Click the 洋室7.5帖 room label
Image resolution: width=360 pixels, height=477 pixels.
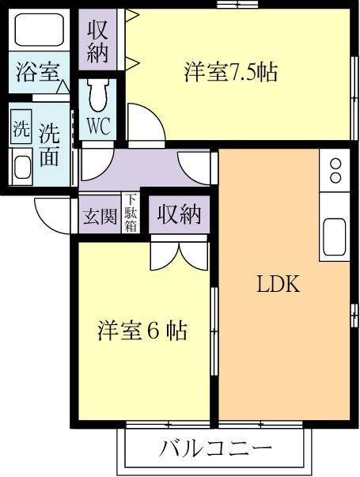(x=231, y=72)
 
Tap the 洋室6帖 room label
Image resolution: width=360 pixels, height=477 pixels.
(x=142, y=331)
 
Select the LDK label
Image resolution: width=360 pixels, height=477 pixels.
(x=279, y=284)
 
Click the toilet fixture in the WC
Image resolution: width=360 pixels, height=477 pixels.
(x=97, y=95)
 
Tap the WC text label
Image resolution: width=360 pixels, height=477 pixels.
(x=98, y=126)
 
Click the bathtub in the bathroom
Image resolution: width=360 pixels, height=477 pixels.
(x=39, y=29)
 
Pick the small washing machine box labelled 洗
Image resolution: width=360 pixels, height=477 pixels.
(x=21, y=127)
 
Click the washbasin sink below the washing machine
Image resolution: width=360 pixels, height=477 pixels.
(x=22, y=167)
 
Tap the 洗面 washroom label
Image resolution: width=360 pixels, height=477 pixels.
(x=50, y=146)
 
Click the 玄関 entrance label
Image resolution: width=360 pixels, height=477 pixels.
(x=100, y=217)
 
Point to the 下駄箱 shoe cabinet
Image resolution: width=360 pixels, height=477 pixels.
(x=131, y=213)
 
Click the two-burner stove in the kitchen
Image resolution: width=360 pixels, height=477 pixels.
(x=335, y=170)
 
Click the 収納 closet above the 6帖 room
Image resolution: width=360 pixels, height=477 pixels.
(x=180, y=215)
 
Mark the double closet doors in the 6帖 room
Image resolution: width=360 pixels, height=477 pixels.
(x=180, y=252)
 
